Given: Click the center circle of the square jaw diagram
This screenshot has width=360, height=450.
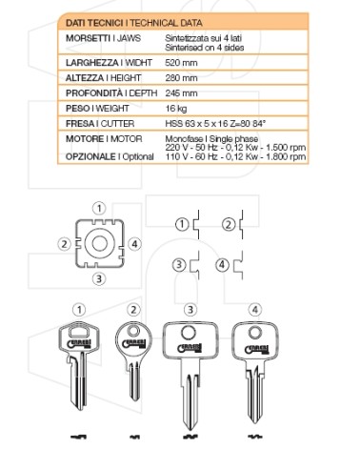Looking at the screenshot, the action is tap(98, 245).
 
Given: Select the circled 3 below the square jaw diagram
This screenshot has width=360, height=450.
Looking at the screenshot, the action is tap(98, 279).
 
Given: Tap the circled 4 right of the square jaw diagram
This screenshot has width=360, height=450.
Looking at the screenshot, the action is tap(134, 244).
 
